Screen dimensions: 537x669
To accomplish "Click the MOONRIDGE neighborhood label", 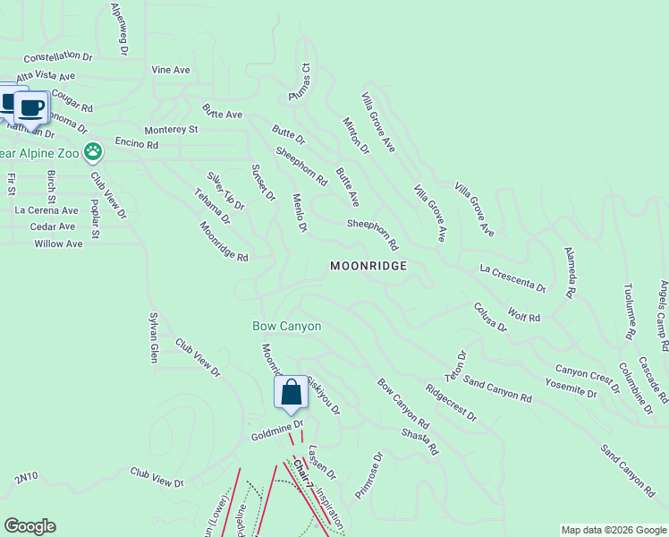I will click(x=368, y=266).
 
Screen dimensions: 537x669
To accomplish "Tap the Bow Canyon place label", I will click(x=286, y=327).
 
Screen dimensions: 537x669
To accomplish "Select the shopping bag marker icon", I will click(x=291, y=393).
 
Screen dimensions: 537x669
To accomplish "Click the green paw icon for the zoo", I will click(x=93, y=152).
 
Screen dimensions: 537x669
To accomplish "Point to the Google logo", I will click(x=30, y=526).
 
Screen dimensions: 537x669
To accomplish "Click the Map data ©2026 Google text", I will click(x=613, y=530).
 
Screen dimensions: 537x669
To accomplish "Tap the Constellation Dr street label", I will click(x=58, y=55).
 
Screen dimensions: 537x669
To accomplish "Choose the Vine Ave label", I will click(x=171, y=70).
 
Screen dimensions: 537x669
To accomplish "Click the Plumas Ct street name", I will click(x=299, y=81).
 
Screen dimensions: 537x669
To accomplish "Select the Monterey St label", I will click(x=167, y=130).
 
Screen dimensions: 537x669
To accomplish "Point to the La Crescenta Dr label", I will click(x=512, y=278).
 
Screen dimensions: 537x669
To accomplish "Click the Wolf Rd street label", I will click(x=524, y=316).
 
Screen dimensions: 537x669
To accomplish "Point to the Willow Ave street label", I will click(x=58, y=243).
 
